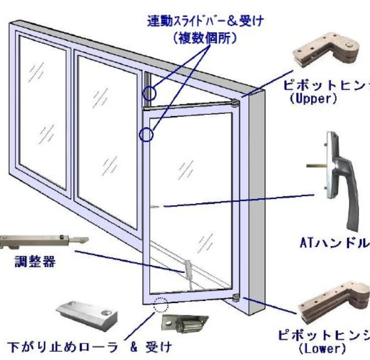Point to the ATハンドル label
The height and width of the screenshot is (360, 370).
point(335,243)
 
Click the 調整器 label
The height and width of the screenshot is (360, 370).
point(34,262)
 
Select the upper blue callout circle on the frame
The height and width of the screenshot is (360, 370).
point(149,93)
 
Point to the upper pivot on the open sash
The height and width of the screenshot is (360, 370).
point(234,103)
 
